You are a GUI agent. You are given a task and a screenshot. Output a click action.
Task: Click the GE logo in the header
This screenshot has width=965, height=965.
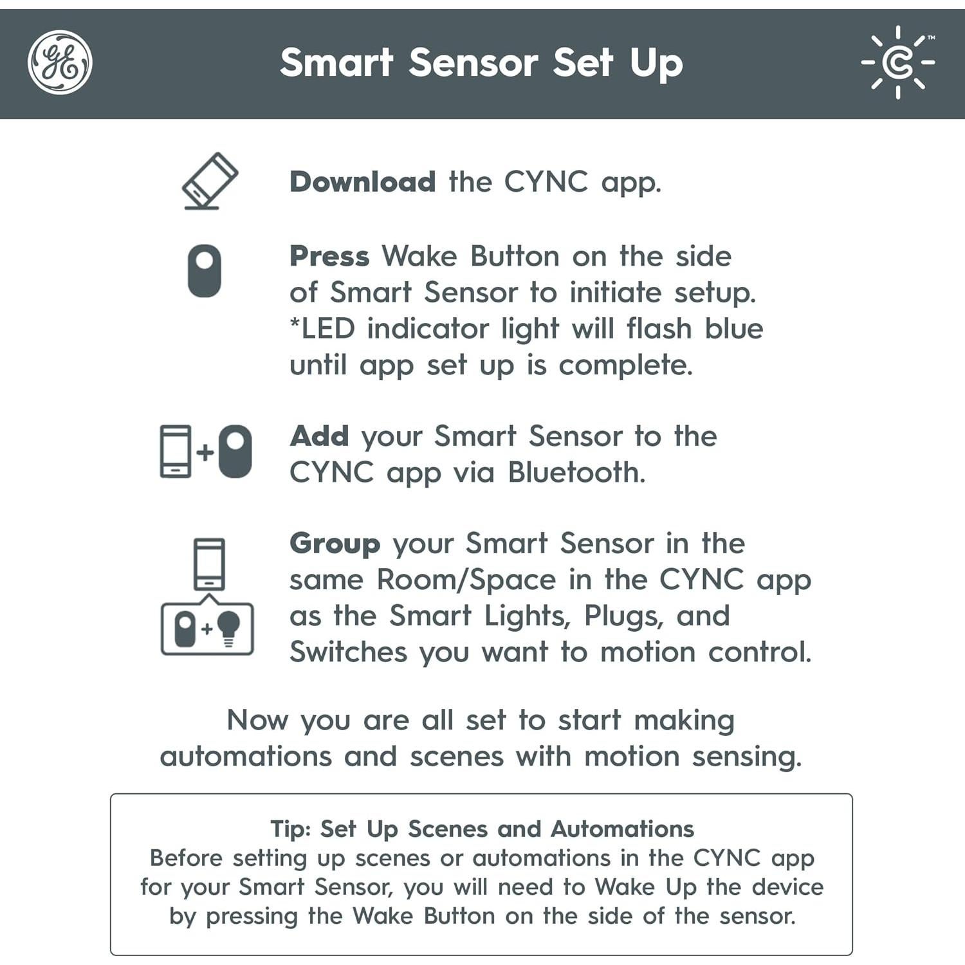(60, 62)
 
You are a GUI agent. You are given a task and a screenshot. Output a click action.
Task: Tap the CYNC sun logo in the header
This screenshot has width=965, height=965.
(898, 62)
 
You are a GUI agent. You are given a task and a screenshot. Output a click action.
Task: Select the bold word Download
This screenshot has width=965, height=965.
(362, 182)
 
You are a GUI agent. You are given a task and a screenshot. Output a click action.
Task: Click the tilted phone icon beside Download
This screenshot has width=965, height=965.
(209, 180)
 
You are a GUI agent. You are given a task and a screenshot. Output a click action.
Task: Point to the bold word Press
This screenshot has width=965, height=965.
(329, 256)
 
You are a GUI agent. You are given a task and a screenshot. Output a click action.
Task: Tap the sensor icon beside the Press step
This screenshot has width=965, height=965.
(205, 271)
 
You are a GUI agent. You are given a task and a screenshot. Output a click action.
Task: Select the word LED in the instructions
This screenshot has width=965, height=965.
(327, 329)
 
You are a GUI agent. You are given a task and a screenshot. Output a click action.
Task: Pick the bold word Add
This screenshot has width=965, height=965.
(319, 436)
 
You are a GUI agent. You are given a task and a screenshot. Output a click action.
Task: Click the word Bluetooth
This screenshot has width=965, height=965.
(576, 473)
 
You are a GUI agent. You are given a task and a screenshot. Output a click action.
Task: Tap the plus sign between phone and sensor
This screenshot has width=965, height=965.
(205, 452)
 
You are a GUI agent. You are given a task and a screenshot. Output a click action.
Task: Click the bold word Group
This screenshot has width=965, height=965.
(335, 544)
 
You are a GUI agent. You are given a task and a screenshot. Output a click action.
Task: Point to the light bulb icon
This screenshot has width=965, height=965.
(228, 627)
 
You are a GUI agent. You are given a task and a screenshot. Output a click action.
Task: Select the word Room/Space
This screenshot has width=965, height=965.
(466, 580)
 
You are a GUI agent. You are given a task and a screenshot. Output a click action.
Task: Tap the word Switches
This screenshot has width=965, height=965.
(348, 652)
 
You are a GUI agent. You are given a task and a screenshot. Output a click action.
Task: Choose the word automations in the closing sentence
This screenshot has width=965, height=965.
(245, 757)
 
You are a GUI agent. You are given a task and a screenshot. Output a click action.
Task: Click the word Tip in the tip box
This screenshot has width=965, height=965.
(289, 829)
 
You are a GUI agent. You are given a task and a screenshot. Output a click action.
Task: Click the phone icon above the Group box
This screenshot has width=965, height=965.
(209, 564)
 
